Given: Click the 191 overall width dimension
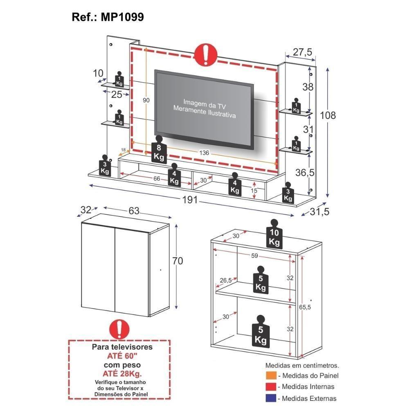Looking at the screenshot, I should (x=190, y=200).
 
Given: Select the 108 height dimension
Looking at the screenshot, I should (x=328, y=115).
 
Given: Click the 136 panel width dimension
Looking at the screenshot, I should (x=204, y=153).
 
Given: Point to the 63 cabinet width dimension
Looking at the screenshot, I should (x=134, y=211).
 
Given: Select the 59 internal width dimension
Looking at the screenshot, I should (x=255, y=256).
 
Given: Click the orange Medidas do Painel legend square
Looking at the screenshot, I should (x=270, y=375).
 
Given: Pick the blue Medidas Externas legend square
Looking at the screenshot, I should (x=270, y=398).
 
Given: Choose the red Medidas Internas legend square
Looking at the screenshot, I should (x=270, y=387).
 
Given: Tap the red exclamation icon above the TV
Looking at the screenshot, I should (x=206, y=54).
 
